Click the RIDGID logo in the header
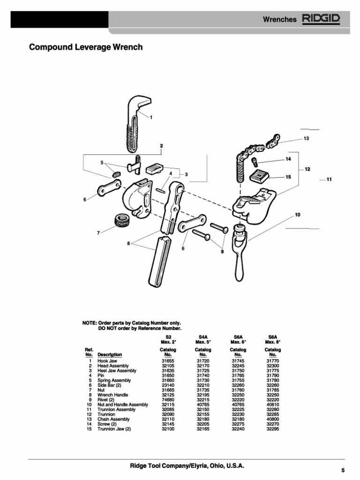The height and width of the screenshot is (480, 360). point(321,19)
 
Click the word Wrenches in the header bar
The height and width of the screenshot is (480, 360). point(279,20)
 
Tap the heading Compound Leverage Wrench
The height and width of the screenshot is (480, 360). point(86,47)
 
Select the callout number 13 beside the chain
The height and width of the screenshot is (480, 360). point(306,139)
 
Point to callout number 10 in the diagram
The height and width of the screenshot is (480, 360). point(297,215)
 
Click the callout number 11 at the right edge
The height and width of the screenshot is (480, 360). point(329,180)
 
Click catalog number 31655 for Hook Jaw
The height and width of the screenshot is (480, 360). point(168,361)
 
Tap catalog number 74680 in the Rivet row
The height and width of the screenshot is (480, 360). point(168,400)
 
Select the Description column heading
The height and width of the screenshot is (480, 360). point(110,355)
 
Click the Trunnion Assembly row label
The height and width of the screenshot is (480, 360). point(116,410)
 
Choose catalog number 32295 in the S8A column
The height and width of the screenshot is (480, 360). point(273,429)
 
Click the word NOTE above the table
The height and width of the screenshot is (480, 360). point(89,323)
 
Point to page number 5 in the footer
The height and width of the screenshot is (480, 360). point(343,470)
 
